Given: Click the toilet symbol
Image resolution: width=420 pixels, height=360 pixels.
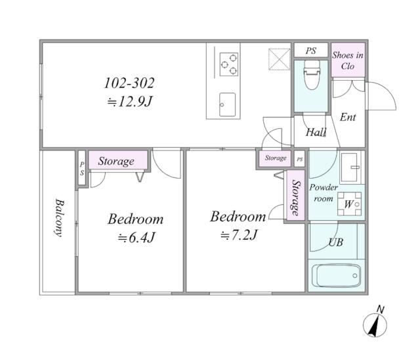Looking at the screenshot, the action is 312,74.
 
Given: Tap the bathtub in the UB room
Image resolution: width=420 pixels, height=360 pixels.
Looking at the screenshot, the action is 337,275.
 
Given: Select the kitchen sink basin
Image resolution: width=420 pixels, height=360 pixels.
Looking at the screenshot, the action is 228,104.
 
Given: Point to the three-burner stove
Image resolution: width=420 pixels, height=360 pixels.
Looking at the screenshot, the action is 229,64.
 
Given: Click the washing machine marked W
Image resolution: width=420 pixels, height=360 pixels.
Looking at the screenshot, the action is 349,204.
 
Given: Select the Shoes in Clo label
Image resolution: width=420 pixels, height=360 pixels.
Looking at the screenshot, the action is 348,60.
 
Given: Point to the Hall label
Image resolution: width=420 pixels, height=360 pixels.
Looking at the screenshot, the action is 316,132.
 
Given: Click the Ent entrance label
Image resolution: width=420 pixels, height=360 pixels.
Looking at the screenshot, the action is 348,117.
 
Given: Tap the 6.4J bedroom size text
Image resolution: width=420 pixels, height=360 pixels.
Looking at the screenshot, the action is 136,238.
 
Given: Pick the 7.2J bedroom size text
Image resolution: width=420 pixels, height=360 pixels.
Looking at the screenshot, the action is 238,235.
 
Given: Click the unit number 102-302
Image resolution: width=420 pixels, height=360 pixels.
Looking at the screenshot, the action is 129,83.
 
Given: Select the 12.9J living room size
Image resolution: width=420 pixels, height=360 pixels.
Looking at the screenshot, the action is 130,102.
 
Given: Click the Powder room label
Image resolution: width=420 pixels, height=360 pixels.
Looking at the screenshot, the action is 324,193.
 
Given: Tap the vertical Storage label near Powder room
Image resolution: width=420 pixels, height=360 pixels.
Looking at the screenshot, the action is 296,198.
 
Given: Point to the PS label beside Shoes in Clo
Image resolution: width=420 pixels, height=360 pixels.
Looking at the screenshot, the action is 311,51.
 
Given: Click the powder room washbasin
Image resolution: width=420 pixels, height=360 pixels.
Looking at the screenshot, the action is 350,166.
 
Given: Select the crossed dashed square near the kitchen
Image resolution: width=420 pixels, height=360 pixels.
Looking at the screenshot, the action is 279,59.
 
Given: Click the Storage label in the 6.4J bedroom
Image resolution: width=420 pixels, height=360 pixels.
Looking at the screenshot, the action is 116,161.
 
